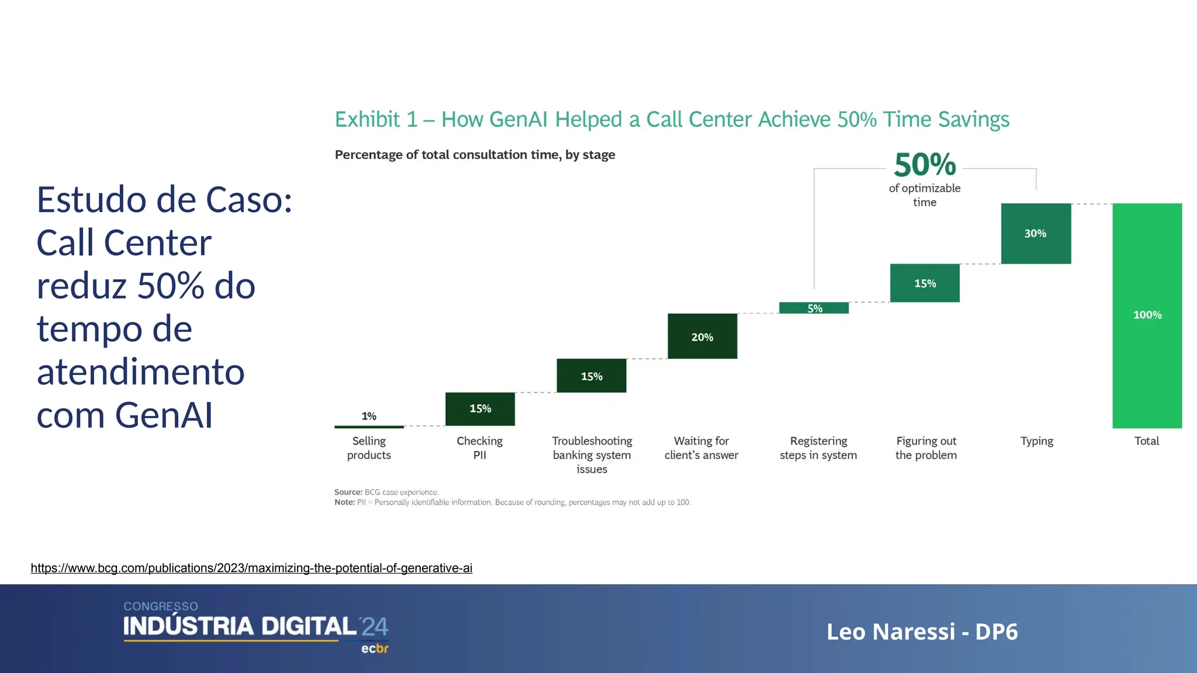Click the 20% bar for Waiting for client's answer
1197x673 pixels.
pos(702,336)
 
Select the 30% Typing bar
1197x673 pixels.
pos(1036,234)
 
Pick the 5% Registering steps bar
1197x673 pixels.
pos(814,308)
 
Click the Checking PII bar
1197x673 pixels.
pos(480,408)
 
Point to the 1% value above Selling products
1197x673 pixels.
pos(369,416)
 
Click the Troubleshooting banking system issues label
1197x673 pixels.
pos(591,455)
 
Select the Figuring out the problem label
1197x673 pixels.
pos(926,448)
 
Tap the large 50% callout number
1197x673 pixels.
pos(925,165)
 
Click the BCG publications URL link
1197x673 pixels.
pos(251,568)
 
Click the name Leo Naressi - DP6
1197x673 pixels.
pos(922,632)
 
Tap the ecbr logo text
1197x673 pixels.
pos(375,648)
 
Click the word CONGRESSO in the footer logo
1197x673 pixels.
pos(161,606)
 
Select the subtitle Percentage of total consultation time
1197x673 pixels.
pos(475,155)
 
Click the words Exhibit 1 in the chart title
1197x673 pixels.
pos(376,120)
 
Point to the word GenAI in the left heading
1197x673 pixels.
pos(164,415)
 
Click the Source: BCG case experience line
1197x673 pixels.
pos(386,492)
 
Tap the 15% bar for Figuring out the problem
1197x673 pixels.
pos(925,283)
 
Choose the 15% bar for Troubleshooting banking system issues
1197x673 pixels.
pos(591,376)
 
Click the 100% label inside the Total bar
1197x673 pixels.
pos(1147,315)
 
